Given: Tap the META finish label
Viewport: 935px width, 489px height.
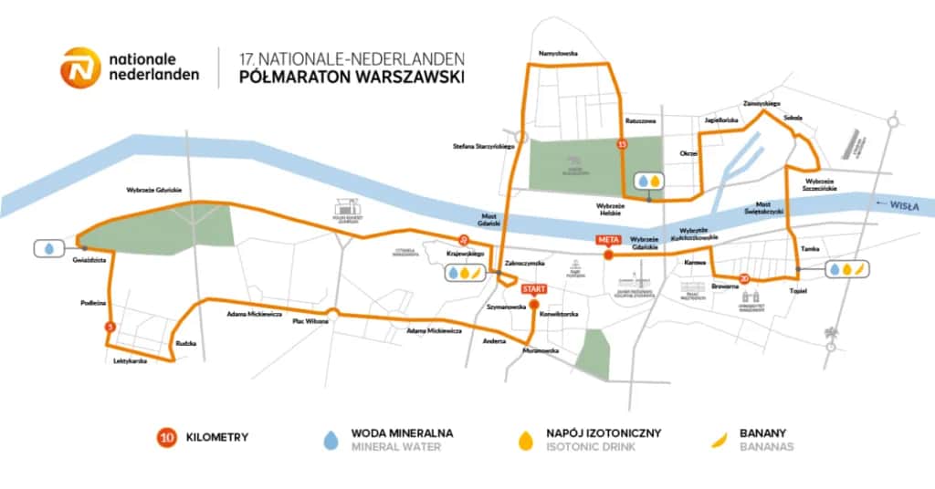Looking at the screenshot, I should pos(608,240).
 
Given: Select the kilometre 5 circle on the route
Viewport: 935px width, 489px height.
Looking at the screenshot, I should pos(110,327).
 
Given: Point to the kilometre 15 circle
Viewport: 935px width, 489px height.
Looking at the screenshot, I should pos(623,144).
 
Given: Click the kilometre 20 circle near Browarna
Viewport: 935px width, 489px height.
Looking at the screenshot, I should pos(745,279).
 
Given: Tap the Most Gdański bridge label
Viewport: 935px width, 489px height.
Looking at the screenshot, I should pos(475,218).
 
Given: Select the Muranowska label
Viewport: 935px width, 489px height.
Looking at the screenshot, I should pos(541,349).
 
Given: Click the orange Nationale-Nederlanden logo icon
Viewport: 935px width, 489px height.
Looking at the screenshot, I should pos(79,68).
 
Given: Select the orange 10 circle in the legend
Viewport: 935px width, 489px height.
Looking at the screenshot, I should pos(167,437).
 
